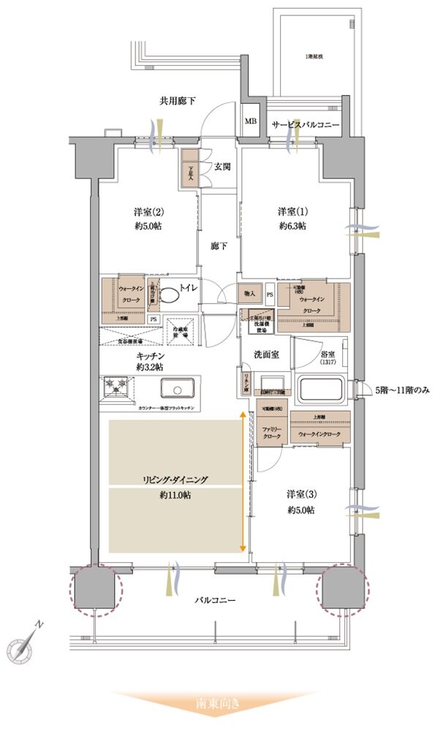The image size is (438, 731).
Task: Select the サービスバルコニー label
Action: click(x=305, y=126)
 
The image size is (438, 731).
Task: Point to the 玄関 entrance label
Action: click(x=222, y=167)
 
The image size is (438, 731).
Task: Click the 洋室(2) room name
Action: click(x=148, y=212)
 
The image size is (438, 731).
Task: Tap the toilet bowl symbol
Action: click(x=170, y=296)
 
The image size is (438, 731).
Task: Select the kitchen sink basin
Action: click(x=175, y=387)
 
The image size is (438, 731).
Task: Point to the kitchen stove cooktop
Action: click(x=117, y=388)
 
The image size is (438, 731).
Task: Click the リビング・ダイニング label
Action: click(x=175, y=480)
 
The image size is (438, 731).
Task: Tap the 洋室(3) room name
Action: click(x=300, y=495)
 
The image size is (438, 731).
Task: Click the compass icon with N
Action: click(x=22, y=645)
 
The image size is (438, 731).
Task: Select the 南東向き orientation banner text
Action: click(x=217, y=705)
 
